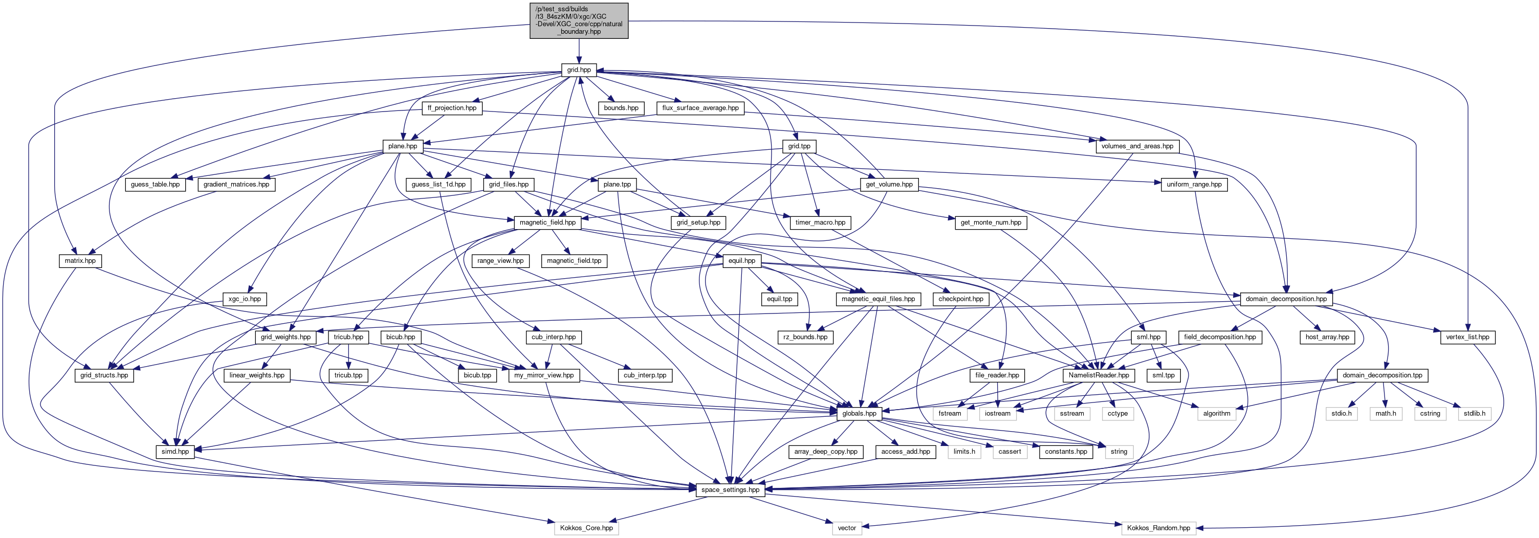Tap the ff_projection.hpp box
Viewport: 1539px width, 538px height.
click(452, 108)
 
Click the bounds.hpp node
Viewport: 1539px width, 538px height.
click(621, 108)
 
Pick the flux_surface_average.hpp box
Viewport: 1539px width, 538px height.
click(700, 108)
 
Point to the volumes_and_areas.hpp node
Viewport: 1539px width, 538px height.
click(1137, 146)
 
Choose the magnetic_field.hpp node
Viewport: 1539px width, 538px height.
click(547, 223)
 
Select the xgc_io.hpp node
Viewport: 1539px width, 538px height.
click(245, 299)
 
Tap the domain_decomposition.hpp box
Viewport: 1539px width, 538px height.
click(1286, 299)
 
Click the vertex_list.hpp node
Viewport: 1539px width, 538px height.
click(1467, 338)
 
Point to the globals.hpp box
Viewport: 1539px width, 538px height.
click(859, 414)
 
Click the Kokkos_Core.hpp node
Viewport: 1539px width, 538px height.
click(586, 528)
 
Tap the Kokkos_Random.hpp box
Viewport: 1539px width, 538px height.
click(1158, 528)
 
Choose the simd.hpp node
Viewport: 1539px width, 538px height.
click(175, 452)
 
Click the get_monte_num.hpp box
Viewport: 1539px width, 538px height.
click(991, 223)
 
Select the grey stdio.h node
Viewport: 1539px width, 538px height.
click(1341, 414)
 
